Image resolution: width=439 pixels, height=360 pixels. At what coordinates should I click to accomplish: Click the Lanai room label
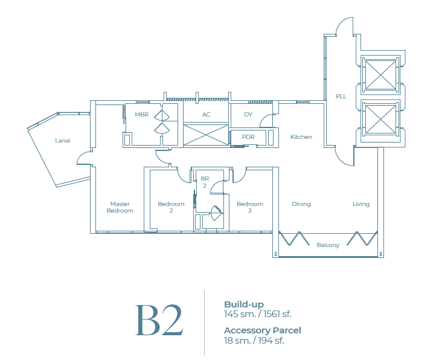(63, 141)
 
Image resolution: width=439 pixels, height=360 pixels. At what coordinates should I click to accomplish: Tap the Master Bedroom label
(120, 207)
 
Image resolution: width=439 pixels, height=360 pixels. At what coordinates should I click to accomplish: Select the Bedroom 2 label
(171, 207)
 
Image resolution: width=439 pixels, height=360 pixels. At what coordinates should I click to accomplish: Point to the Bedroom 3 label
(250, 207)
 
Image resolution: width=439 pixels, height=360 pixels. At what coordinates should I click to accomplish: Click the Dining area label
(301, 204)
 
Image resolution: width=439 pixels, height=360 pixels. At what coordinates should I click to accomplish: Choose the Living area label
(361, 204)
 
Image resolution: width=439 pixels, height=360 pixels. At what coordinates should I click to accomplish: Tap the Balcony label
(328, 245)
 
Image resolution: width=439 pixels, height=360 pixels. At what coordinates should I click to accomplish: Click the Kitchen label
(301, 137)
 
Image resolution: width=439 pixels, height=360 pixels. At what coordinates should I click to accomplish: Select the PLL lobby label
(341, 97)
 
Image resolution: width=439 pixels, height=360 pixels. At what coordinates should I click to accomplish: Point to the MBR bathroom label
(142, 115)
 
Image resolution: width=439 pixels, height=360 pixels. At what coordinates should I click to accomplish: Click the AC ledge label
(206, 115)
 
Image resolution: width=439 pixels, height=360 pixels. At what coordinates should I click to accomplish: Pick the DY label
(248, 115)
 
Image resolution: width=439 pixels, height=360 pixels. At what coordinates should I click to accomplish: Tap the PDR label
(248, 137)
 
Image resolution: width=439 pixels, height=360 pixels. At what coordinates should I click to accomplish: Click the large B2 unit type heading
(159, 321)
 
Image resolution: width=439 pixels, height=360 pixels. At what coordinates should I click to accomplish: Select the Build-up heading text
(244, 304)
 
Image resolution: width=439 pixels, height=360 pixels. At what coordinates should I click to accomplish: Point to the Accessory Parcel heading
(262, 330)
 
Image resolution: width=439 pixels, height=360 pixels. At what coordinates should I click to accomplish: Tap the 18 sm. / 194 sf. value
(254, 340)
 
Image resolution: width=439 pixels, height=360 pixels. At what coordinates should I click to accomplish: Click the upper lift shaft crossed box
(380, 76)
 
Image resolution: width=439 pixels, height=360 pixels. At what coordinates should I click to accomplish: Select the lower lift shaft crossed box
(380, 118)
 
